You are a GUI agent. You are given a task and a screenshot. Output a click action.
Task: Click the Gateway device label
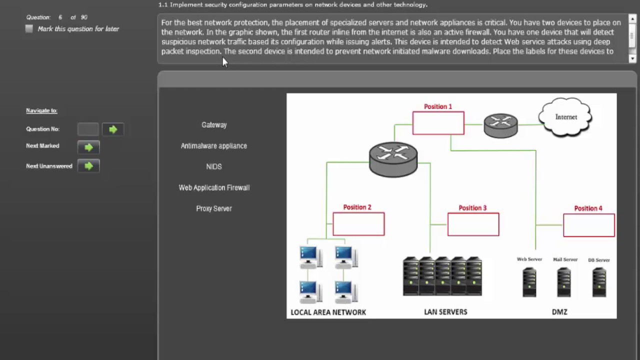(214, 125)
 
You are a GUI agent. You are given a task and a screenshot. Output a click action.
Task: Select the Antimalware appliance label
(214, 146)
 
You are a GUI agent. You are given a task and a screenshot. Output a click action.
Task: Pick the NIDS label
(214, 166)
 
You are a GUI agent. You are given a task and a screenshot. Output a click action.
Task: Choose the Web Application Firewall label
(214, 187)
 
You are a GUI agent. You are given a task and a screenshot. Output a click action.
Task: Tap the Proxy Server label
(214, 208)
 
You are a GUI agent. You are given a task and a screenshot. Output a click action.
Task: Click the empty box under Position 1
(438, 123)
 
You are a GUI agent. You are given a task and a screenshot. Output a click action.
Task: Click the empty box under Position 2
(358, 224)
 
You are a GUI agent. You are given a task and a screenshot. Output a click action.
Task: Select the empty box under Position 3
(473, 224)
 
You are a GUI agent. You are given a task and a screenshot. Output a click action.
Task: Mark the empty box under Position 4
(588, 225)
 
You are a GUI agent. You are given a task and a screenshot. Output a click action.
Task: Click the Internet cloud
(565, 117)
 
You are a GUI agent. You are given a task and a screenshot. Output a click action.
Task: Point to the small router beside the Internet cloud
(500, 125)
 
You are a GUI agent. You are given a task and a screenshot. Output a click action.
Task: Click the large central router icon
(393, 159)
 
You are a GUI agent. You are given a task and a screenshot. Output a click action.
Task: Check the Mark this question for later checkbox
(29, 29)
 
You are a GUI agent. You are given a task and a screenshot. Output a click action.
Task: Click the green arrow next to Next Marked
(88, 147)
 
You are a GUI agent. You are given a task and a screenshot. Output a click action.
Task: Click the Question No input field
(88, 129)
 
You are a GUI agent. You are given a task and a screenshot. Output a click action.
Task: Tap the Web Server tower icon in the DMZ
(529, 282)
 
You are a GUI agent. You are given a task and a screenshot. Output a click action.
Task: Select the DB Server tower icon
(598, 282)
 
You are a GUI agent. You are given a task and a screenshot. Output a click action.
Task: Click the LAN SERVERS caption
(445, 312)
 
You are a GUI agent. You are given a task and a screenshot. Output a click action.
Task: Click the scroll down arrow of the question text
(632, 58)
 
